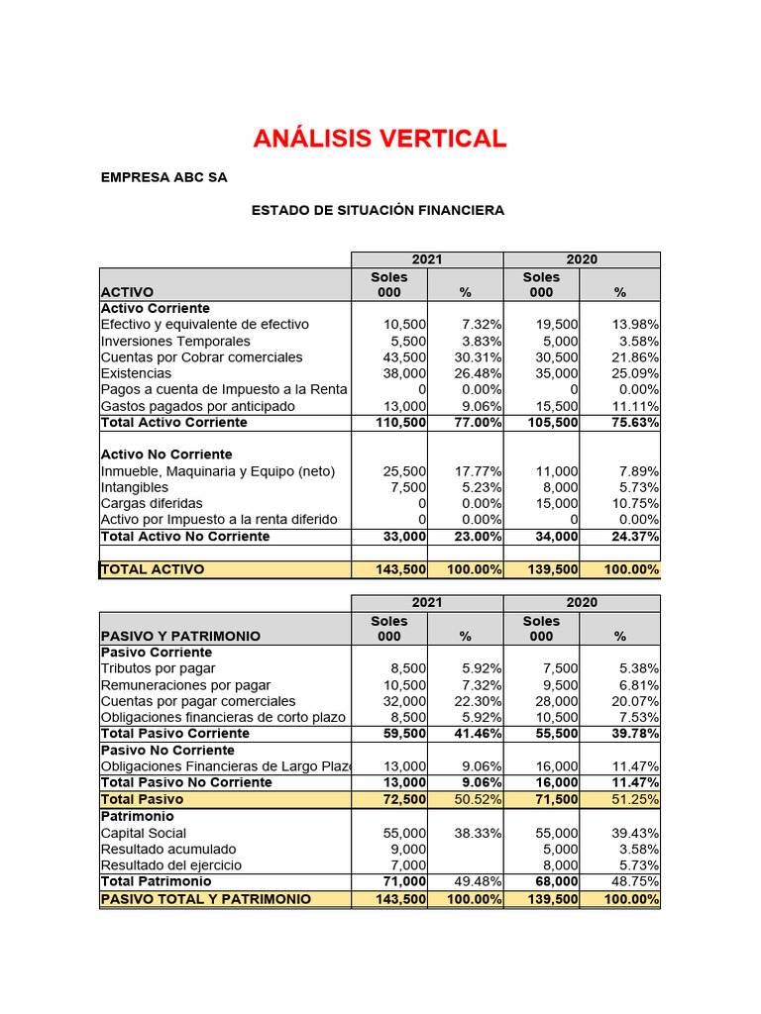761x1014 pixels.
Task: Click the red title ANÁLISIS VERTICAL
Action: click(x=380, y=139)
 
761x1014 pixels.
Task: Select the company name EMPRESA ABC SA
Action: click(x=163, y=178)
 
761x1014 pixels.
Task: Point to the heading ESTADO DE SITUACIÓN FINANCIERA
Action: click(x=378, y=210)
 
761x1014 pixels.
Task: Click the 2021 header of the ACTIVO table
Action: click(x=427, y=259)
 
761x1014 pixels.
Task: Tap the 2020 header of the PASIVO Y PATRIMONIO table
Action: click(x=582, y=603)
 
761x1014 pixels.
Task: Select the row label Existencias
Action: click(x=136, y=373)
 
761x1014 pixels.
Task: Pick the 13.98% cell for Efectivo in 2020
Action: click(x=635, y=325)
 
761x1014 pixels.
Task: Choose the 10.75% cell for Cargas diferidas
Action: click(x=635, y=503)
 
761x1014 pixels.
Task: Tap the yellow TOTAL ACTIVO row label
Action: click(x=153, y=569)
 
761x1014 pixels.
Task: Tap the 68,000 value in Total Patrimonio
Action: click(x=557, y=881)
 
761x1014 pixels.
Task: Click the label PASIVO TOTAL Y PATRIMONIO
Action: click(x=206, y=899)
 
